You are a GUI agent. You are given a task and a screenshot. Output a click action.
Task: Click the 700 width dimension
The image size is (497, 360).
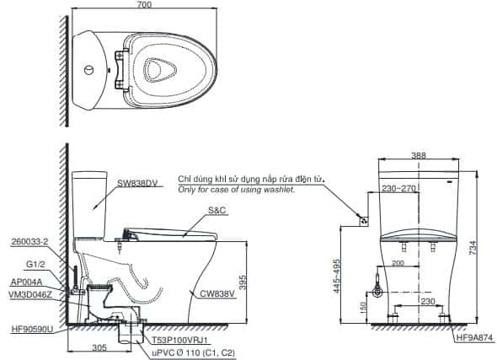145,4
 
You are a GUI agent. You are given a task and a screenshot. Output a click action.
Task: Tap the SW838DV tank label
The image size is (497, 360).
137,183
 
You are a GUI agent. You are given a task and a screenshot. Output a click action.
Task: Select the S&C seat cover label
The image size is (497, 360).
217,210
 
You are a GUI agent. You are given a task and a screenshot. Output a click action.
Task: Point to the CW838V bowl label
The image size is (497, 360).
217,294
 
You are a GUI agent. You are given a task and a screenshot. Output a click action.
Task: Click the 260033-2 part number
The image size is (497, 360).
29,242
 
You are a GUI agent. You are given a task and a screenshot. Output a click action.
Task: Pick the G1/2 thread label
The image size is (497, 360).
35,264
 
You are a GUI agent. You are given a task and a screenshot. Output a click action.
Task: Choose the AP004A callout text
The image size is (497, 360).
26,282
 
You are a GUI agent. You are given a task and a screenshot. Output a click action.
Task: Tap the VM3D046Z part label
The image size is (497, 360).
30,295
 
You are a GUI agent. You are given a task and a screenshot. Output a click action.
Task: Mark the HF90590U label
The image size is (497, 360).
32,330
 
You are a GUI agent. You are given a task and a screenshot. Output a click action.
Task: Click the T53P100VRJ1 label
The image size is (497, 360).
179,341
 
